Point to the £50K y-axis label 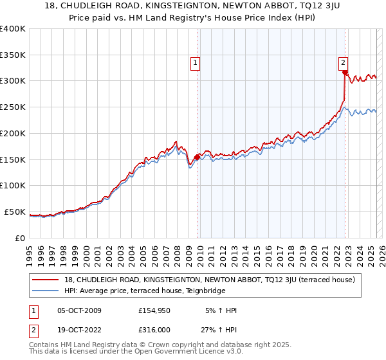pos(15,212)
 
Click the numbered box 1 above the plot pos(196,63)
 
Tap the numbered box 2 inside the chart pos(344,63)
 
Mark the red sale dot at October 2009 pos(197,156)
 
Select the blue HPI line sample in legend pos(47,290)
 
